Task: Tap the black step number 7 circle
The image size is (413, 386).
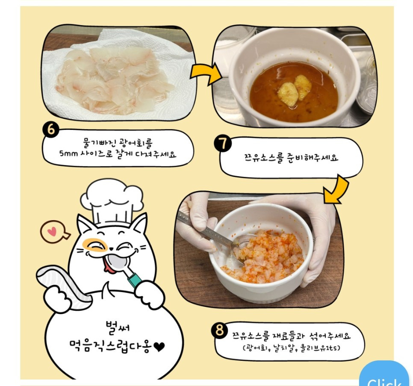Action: (223, 144)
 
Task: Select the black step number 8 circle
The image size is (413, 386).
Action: (219, 330)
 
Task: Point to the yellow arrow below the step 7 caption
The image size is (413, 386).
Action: (337, 190)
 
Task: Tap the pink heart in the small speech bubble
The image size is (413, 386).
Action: (53, 232)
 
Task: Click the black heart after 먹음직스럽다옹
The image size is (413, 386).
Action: (159, 347)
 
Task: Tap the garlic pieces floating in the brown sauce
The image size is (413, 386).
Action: (294, 90)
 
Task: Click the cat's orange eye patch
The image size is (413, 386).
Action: (95, 245)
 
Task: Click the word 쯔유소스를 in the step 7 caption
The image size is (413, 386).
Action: (263, 157)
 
